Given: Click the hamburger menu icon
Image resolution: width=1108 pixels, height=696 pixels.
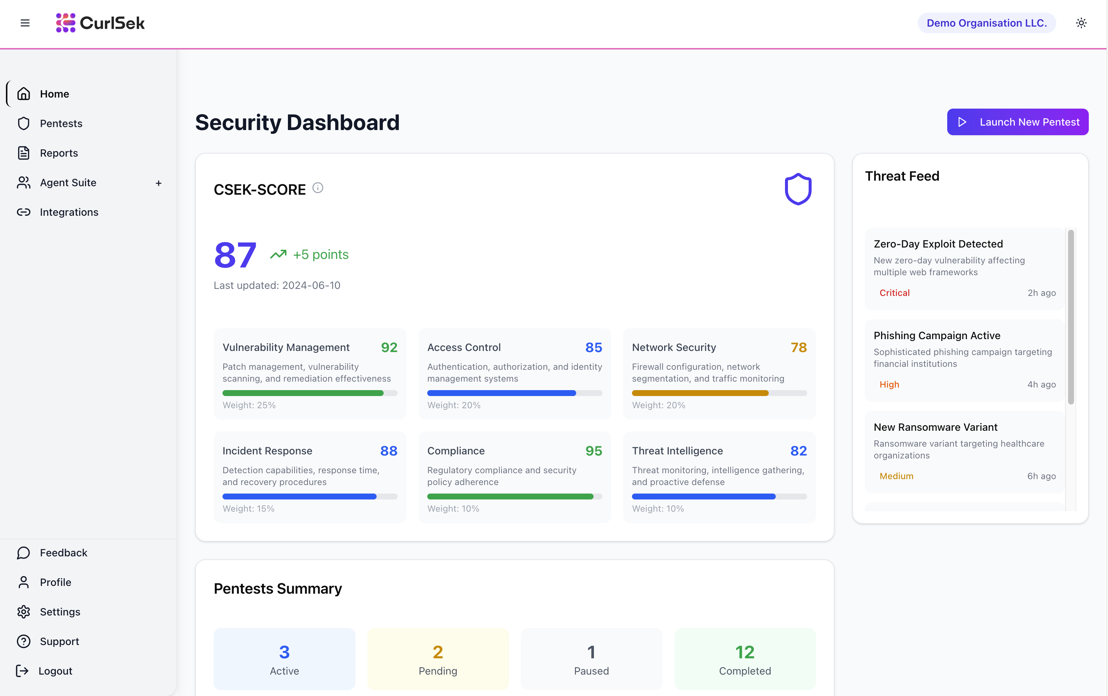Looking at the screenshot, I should [25, 23].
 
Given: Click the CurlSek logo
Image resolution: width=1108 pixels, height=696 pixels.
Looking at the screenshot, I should [100, 23].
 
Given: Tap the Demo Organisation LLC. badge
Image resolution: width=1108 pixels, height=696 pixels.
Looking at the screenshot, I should [986, 23].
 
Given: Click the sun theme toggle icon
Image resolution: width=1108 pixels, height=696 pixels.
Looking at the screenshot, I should [1081, 23].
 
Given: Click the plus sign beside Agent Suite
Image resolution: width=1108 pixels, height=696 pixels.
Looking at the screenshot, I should [158, 183].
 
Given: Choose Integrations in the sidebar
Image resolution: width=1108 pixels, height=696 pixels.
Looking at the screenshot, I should [69, 212].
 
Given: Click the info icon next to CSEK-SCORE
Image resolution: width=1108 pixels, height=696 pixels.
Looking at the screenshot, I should [317, 188].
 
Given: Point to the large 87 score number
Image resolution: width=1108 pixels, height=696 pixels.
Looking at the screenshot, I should [235, 255].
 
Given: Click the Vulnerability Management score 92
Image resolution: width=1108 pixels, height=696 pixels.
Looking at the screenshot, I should [389, 347].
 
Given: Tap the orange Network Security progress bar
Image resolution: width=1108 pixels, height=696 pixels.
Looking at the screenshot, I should [700, 393].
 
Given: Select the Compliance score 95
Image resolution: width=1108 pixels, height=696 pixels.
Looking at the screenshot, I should [593, 451].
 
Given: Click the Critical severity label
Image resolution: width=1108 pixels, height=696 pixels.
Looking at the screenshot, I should [894, 293].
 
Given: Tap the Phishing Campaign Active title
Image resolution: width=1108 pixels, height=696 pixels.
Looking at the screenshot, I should [937, 335].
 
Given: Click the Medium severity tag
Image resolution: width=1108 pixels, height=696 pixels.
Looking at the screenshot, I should [896, 476].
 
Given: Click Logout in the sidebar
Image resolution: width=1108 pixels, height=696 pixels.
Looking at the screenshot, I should [55, 671].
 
